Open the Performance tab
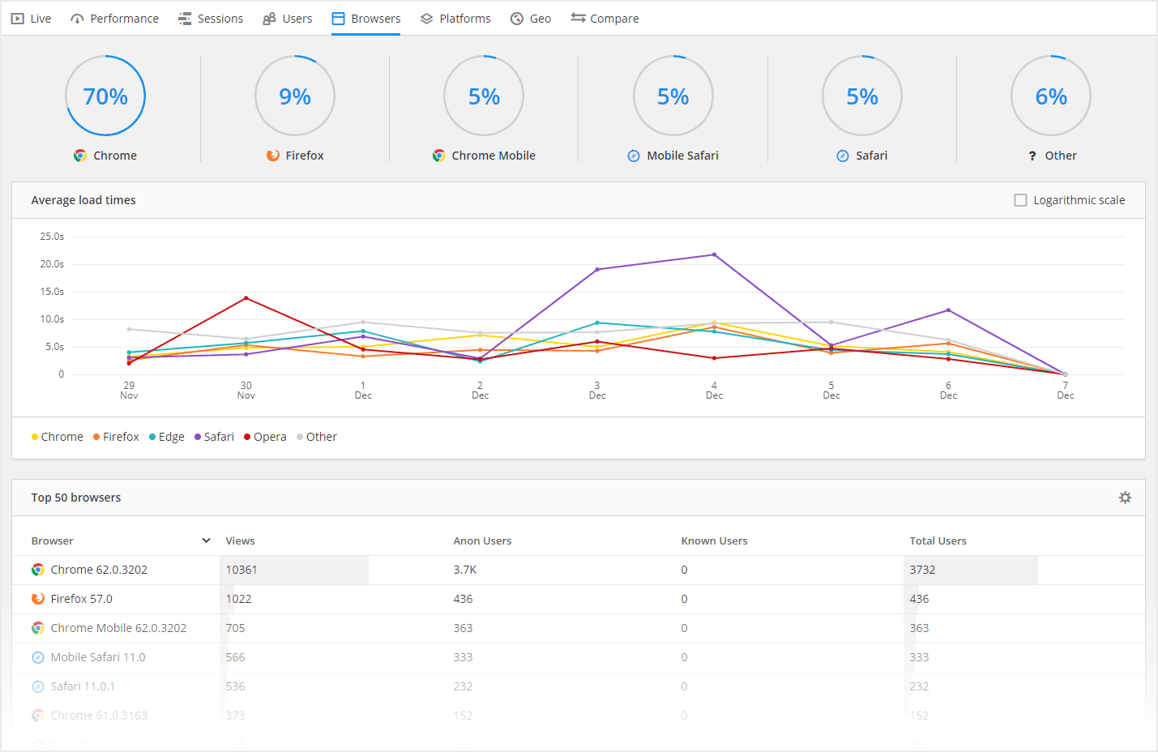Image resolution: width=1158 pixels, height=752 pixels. click(115, 19)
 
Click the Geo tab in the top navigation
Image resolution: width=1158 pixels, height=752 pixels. click(531, 19)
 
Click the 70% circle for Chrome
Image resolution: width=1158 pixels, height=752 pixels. click(105, 96)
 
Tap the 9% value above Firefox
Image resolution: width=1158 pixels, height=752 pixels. click(295, 96)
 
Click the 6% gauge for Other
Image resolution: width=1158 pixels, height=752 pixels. click(1051, 96)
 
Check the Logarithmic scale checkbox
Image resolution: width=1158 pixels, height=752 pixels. click(1020, 200)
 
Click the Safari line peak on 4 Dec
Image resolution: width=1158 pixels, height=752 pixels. click(714, 254)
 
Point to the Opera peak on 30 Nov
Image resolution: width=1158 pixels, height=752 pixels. click(246, 298)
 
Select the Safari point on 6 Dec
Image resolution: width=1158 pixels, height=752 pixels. click(948, 310)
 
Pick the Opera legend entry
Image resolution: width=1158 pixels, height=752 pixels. click(266, 437)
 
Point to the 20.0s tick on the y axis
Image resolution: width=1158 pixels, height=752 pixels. click(52, 264)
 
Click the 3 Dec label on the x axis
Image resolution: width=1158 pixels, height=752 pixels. click(597, 391)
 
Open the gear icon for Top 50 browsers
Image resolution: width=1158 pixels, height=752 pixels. click(1125, 498)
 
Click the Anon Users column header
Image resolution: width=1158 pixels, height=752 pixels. click(482, 540)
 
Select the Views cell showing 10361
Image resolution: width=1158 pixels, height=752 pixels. click(241, 570)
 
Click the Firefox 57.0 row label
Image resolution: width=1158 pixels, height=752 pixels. click(81, 599)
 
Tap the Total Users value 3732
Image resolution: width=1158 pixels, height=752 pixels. click(922, 570)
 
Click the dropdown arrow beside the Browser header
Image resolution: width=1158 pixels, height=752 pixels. click(207, 540)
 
